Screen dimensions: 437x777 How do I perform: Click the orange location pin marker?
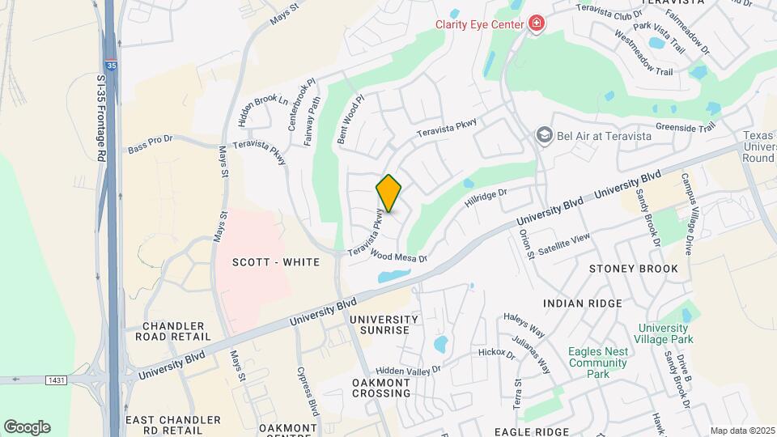[388, 193]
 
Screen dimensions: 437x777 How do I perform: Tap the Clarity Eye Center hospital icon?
[535, 24]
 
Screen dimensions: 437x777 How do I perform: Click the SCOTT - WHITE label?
[276, 262]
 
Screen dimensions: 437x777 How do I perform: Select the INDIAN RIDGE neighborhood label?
[583, 303]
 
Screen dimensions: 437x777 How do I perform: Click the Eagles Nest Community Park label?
[599, 363]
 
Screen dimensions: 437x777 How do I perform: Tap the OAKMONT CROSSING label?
[382, 388]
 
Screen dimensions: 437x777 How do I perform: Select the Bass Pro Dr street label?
[151, 145]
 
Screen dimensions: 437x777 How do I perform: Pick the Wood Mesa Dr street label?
[397, 257]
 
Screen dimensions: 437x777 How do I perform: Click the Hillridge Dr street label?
[486, 197]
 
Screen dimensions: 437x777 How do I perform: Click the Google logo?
[27, 427]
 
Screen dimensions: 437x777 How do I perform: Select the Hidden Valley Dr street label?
[408, 369]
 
